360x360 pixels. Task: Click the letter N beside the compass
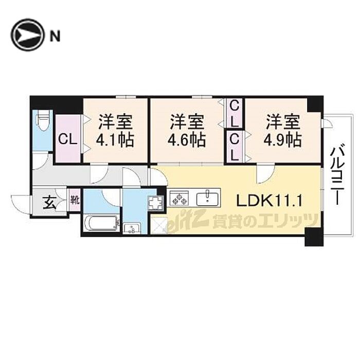click(55, 35)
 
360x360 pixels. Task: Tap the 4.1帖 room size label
click(116, 140)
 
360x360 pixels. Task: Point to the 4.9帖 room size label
click(283, 140)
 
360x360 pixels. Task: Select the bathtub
click(101, 224)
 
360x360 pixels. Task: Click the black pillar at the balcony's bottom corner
click(312, 238)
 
